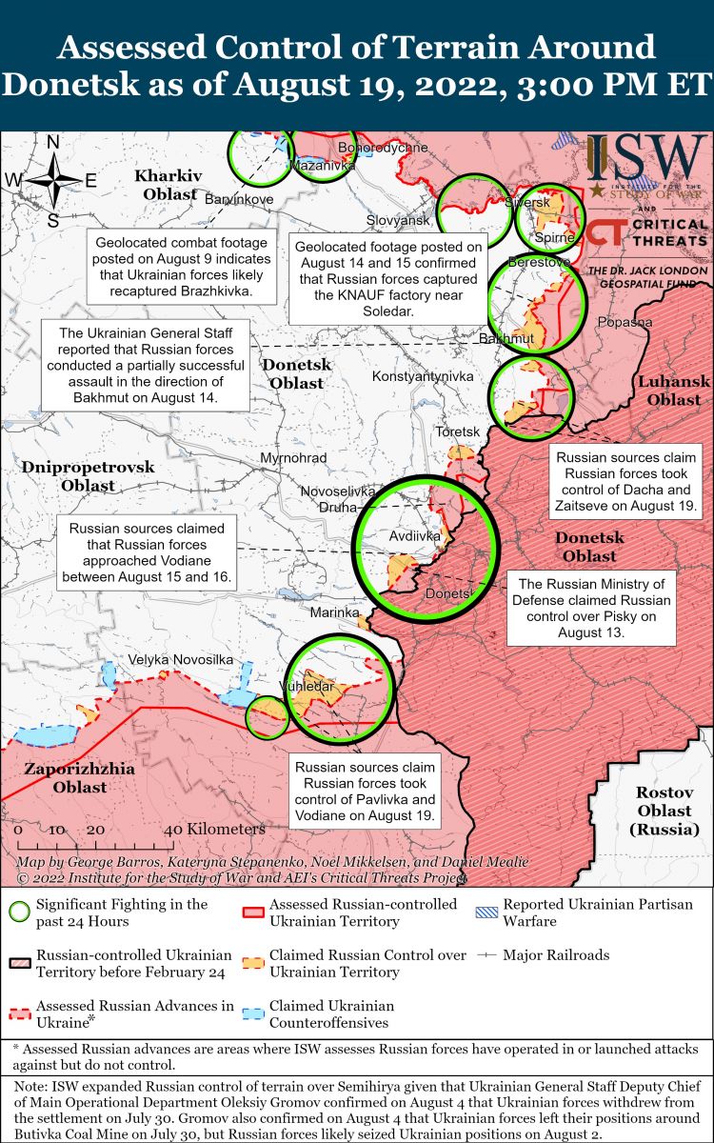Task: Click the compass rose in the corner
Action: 53,180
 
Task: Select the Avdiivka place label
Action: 415,536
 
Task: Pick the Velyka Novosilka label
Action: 181,660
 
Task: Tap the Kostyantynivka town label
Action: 423,376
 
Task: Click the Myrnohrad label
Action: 293,458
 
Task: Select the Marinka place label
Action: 332,612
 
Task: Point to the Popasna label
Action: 625,322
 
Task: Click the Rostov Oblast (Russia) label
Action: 664,811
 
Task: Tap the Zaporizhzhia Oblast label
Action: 80,777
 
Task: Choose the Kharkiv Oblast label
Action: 169,185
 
